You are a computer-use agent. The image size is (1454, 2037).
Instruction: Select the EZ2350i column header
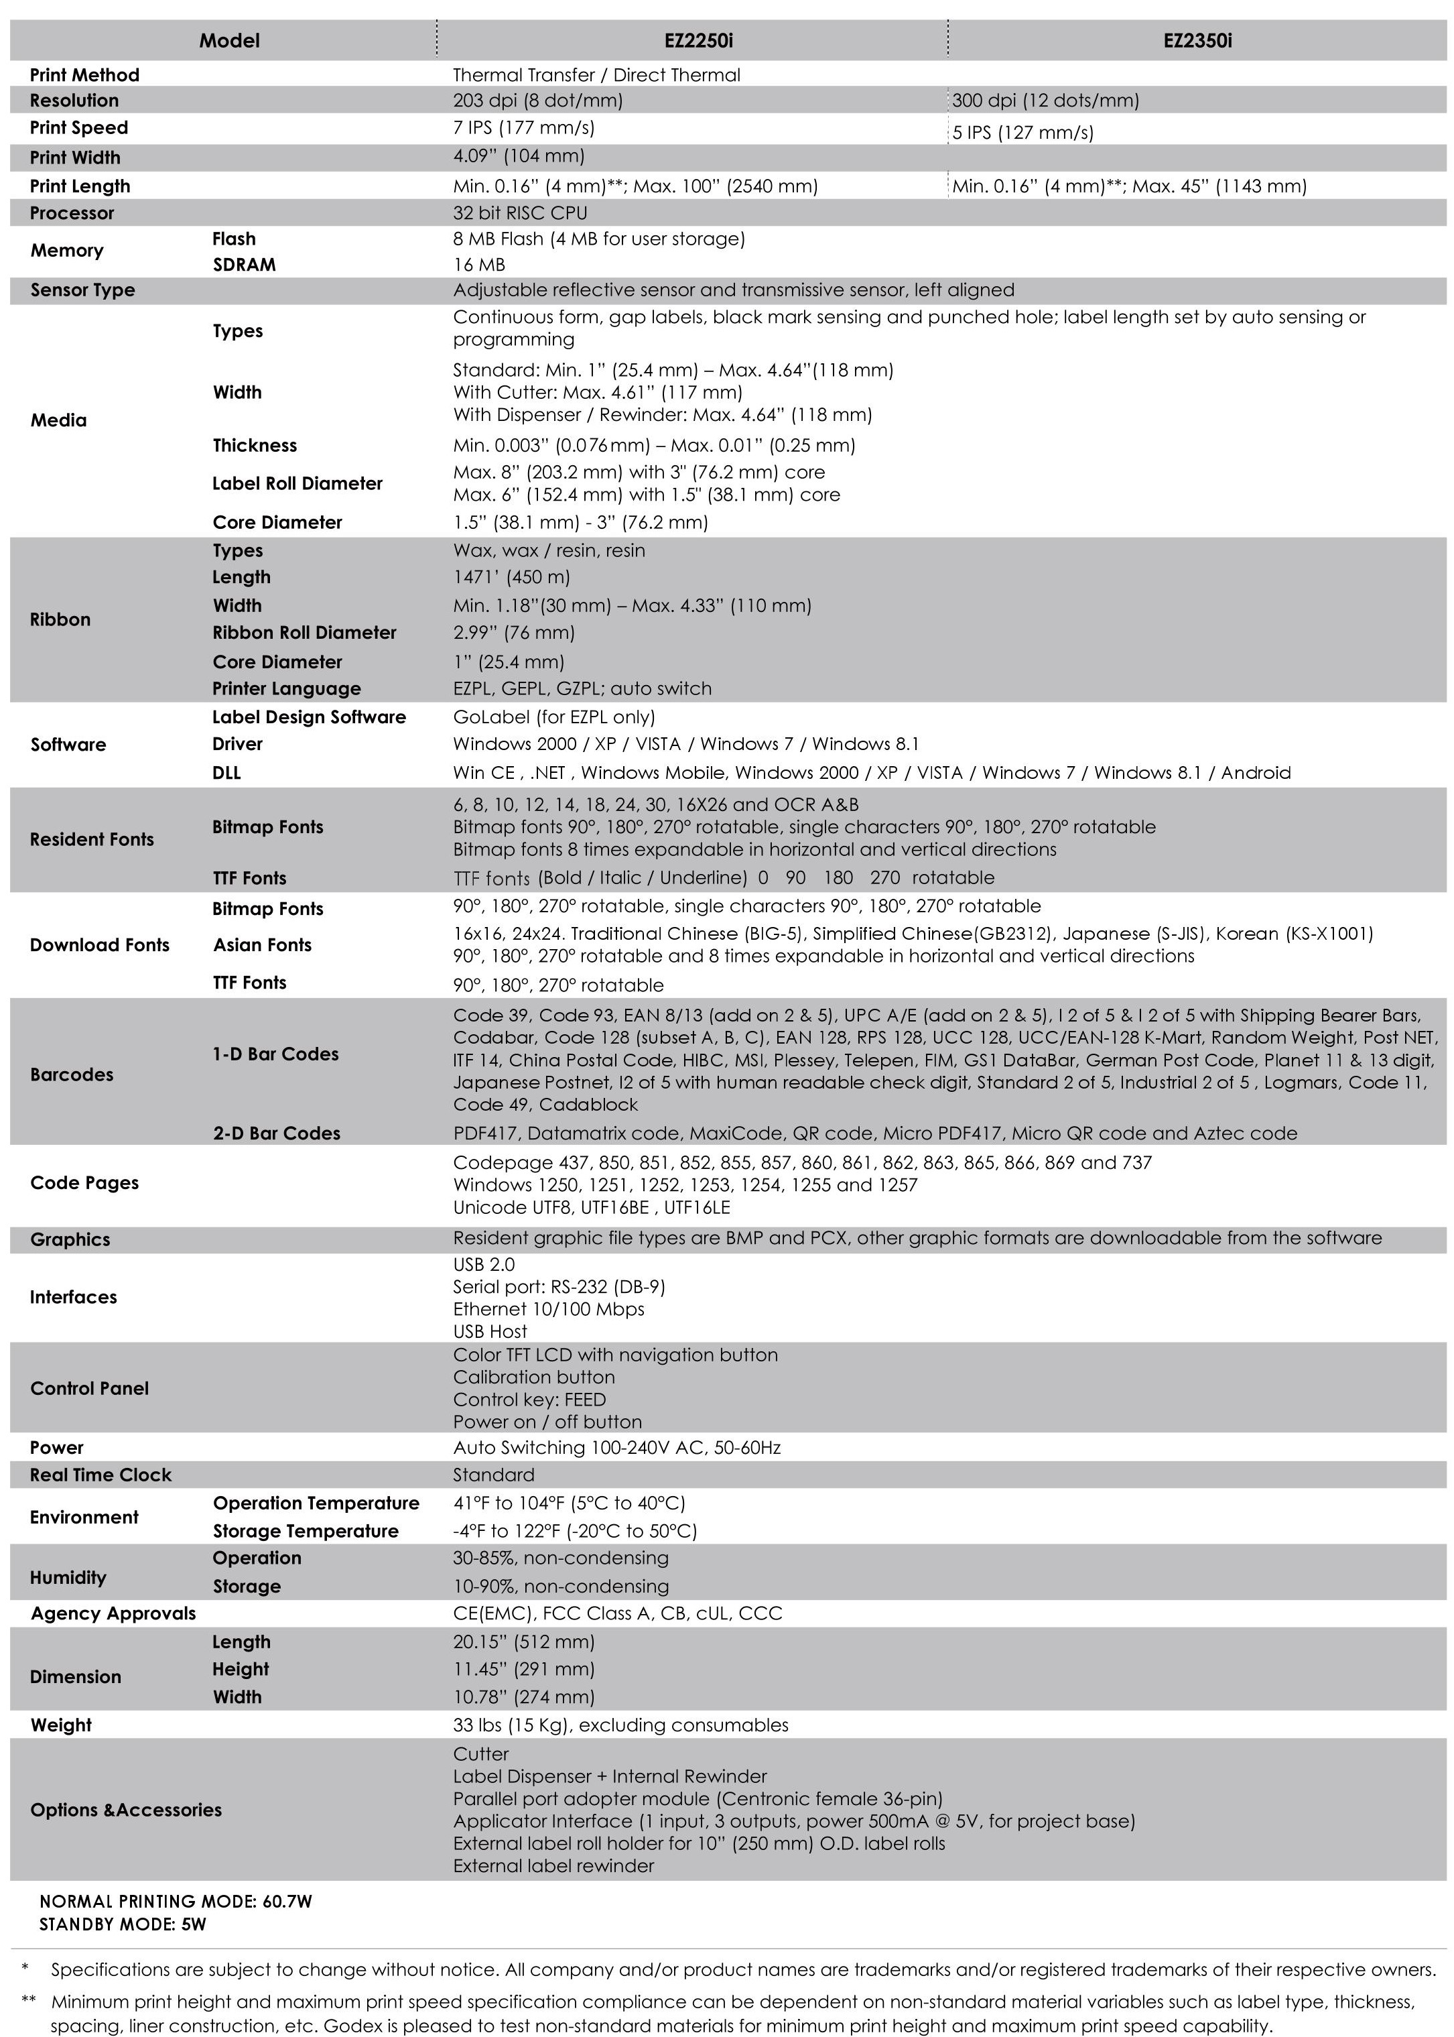(x=1197, y=40)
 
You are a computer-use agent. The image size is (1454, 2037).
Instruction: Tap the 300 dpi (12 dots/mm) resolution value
(x=1045, y=101)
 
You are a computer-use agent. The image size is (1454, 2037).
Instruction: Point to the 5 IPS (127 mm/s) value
(x=1022, y=133)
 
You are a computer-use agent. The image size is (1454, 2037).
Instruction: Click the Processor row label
(x=72, y=213)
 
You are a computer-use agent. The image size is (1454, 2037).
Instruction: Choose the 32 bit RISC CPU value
(x=520, y=213)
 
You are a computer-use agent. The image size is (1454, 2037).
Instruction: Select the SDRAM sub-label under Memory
(x=243, y=265)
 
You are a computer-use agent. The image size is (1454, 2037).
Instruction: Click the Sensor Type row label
(x=82, y=290)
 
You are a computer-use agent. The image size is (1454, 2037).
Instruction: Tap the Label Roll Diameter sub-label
(x=298, y=483)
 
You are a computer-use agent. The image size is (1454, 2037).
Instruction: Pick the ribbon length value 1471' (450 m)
(x=511, y=578)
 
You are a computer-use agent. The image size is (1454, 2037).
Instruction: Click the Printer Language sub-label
(x=287, y=688)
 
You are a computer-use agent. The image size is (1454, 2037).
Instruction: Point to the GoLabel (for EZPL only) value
(x=553, y=717)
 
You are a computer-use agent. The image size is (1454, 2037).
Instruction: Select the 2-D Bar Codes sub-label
(x=277, y=1133)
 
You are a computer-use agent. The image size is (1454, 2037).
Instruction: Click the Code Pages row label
(x=84, y=1183)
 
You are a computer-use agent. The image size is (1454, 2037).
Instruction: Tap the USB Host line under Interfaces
(x=490, y=1331)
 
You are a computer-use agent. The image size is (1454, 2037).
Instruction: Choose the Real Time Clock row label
(x=101, y=1475)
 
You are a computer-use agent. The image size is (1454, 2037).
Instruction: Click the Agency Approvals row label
(x=113, y=1613)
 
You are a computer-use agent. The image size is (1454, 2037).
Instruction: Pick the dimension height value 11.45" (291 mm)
(x=524, y=1669)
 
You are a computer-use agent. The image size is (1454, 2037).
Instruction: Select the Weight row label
(x=61, y=1725)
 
